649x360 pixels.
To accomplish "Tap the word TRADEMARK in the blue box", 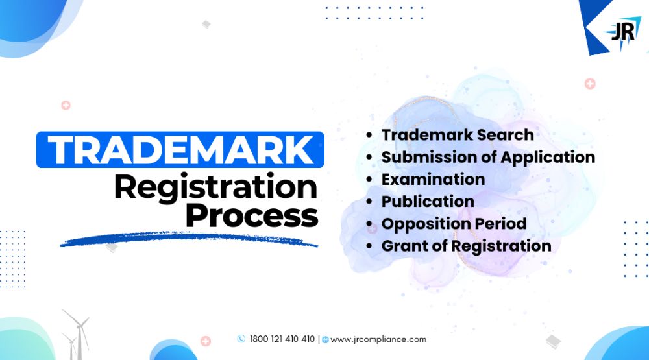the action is click(x=181, y=150).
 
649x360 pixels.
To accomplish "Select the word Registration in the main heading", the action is click(x=215, y=187).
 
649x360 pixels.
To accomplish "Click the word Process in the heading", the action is click(x=252, y=215).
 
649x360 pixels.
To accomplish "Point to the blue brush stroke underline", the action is click(x=189, y=239).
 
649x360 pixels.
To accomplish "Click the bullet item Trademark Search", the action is click(x=458, y=135).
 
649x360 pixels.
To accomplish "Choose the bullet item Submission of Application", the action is click(x=488, y=157).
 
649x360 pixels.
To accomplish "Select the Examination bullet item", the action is click(x=433, y=179).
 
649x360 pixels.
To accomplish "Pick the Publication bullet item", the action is click(x=428, y=202).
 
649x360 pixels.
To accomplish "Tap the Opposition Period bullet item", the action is click(x=454, y=224).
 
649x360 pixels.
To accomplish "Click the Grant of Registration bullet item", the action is click(x=466, y=246).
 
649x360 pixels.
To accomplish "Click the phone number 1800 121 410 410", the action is click(x=282, y=339).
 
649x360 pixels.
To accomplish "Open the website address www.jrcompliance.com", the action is click(x=378, y=339).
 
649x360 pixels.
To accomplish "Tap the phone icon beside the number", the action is click(x=241, y=339).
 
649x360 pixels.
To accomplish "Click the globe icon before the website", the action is click(x=325, y=340).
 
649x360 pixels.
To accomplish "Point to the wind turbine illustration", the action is click(x=76, y=334).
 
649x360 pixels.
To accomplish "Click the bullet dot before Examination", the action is click(x=369, y=180).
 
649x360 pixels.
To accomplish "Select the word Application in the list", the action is click(x=548, y=158).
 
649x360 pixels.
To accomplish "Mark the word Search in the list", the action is click(x=505, y=135).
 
